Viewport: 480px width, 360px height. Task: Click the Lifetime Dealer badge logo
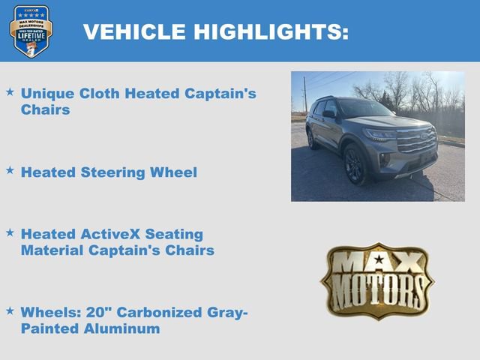point(31,31)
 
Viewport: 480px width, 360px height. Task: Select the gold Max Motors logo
point(377,280)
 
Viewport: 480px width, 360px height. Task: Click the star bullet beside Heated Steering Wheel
point(10,171)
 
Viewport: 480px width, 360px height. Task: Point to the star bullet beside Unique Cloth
point(10,92)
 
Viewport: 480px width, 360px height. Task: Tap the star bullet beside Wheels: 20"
point(10,310)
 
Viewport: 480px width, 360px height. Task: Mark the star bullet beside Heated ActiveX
point(10,233)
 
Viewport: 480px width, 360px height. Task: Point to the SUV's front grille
point(416,140)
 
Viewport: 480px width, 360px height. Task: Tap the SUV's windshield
point(365,109)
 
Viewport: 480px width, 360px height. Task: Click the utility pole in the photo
point(304,94)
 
